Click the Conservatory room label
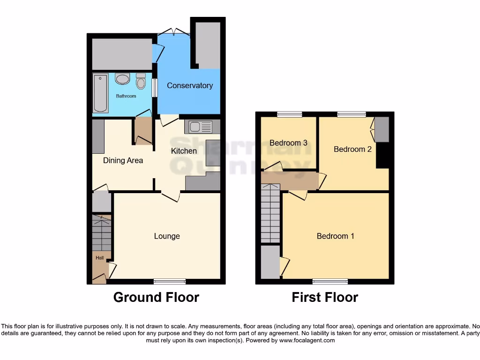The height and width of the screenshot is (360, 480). pyautogui.click(x=190, y=85)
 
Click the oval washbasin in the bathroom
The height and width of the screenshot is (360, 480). pyautogui.click(x=122, y=79)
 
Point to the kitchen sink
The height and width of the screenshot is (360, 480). pyautogui.click(x=200, y=126)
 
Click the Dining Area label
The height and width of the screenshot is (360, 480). pyautogui.click(x=123, y=160)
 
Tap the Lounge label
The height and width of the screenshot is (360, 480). pyautogui.click(x=167, y=236)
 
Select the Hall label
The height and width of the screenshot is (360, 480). pyautogui.click(x=100, y=258)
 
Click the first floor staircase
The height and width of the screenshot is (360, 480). pyautogui.click(x=270, y=213)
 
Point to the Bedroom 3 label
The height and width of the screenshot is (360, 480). pyautogui.click(x=289, y=142)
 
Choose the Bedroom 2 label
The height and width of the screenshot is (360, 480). pyautogui.click(x=352, y=149)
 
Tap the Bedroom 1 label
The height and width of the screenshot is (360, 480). pyautogui.click(x=336, y=236)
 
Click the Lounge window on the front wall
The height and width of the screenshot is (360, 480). pyautogui.click(x=170, y=281)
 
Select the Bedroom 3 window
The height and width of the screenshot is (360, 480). pyautogui.click(x=289, y=114)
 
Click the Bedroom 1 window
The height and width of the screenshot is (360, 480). pyautogui.click(x=330, y=281)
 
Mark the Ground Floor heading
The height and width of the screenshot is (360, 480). pyautogui.click(x=156, y=297)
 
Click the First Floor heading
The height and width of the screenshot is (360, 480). pyautogui.click(x=325, y=297)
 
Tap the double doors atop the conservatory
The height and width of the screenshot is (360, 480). pyautogui.click(x=173, y=32)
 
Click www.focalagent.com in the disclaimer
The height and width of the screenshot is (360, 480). pyautogui.click(x=307, y=340)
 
